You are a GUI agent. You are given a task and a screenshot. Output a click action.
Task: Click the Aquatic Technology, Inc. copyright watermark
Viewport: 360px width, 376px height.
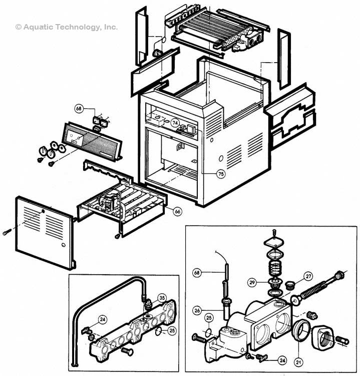(67, 27)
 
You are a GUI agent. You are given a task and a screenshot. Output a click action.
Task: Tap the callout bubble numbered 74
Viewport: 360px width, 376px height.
(175, 122)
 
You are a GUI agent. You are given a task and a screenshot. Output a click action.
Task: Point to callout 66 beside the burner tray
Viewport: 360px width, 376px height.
(177, 212)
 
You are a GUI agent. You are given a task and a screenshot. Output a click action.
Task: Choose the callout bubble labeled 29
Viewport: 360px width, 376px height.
(252, 283)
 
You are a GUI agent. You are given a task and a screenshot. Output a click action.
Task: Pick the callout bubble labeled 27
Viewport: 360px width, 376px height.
(308, 275)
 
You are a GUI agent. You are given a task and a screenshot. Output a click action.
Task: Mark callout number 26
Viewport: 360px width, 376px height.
(197, 311)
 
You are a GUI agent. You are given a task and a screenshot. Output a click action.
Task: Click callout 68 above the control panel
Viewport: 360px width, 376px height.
(79, 108)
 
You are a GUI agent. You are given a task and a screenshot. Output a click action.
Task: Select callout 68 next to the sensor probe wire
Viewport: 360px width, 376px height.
(197, 273)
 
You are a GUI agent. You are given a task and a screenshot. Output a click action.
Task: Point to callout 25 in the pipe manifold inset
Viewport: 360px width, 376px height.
(172, 331)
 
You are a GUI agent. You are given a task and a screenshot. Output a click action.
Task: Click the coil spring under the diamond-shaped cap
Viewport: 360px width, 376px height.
(274, 268)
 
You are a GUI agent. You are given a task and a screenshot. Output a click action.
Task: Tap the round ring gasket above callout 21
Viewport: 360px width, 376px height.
(299, 331)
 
